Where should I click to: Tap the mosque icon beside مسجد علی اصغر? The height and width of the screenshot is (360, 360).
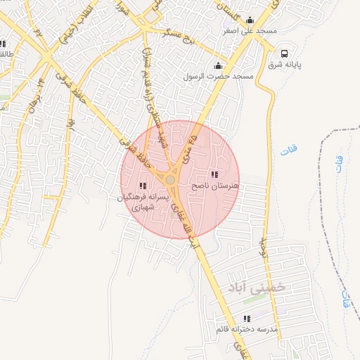[x=250, y=20]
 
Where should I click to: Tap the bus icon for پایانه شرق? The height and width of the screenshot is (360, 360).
[x=285, y=53]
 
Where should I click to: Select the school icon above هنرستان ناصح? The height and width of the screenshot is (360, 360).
[x=214, y=174]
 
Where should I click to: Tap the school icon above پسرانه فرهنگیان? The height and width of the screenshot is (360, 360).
[x=143, y=186]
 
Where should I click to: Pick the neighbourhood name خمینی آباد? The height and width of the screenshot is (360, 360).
[x=258, y=287]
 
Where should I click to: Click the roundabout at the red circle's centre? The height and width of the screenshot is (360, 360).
[x=171, y=181]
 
